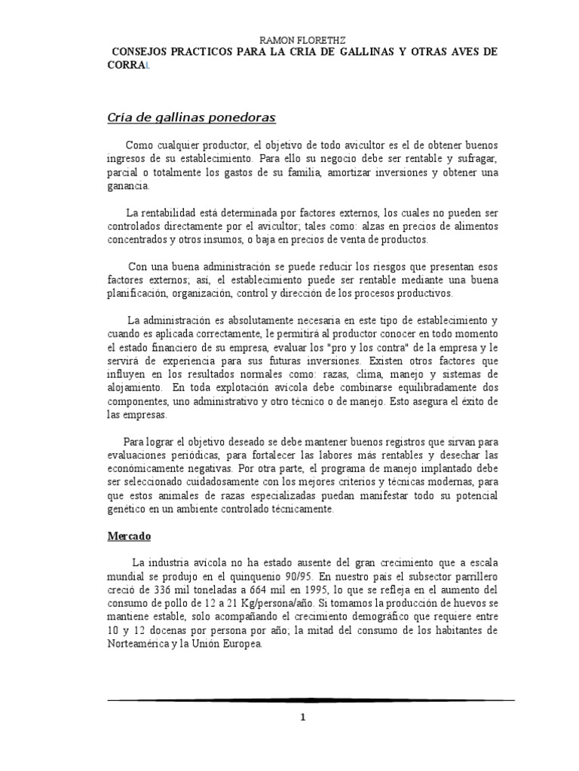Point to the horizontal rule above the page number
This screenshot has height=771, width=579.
(311, 700)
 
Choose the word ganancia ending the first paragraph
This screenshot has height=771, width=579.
(128, 185)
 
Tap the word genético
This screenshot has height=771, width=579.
(129, 509)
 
